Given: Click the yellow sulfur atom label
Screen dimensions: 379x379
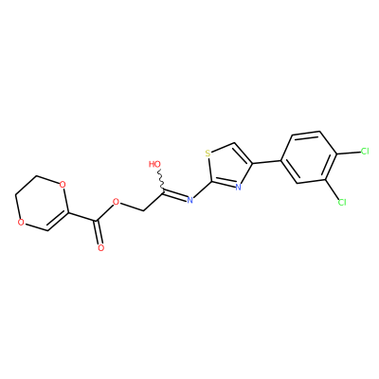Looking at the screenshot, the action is (x=208, y=153).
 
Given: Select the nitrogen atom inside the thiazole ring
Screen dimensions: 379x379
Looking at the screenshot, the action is (x=239, y=187).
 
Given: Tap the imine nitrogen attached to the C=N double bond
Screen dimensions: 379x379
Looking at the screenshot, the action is (x=189, y=200).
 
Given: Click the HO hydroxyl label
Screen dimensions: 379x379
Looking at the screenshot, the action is (x=154, y=164).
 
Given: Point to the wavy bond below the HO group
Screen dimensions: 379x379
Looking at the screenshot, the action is (x=161, y=179).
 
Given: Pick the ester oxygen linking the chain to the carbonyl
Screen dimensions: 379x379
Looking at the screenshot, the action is (x=117, y=202).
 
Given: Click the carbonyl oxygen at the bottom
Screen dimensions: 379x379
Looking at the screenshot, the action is (x=100, y=247).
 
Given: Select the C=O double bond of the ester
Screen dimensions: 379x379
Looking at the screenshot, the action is (x=99, y=231).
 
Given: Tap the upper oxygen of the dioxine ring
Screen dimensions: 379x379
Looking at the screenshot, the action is (x=63, y=184).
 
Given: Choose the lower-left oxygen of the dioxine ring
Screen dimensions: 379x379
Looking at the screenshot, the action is (x=21, y=223).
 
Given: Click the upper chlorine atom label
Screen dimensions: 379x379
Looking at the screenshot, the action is (x=365, y=152).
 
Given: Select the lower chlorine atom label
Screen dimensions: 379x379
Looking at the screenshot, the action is (x=342, y=202).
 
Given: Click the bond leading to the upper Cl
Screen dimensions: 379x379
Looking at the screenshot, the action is (x=348, y=153).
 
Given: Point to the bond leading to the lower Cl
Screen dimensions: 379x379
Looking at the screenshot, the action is (x=332, y=189).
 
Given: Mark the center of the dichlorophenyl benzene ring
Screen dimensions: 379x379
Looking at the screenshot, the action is (x=308, y=157).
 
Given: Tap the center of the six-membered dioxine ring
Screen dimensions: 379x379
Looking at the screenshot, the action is (x=42, y=203).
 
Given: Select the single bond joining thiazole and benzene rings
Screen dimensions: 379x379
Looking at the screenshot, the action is (x=266, y=162).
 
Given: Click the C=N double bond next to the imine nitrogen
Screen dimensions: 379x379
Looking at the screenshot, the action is (x=175, y=194).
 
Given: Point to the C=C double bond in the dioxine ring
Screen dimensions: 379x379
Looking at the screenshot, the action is (x=58, y=221).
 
